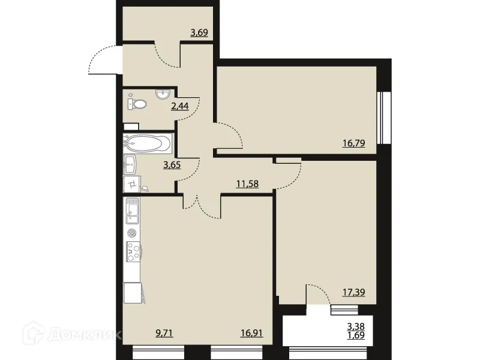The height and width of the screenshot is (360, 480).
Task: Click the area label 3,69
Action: point(199,32)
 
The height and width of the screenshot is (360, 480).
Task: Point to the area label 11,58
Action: point(247,184)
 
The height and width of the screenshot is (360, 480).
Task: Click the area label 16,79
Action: point(353,143)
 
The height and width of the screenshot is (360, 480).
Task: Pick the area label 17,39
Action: point(353,293)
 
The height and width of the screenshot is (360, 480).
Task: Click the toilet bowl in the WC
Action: point(139,104)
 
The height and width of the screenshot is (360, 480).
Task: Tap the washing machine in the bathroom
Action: point(130,184)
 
